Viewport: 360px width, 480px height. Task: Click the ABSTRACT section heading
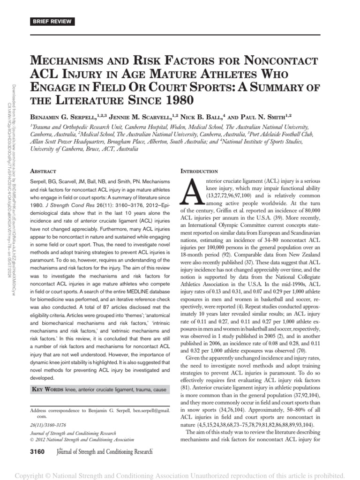tap(45, 172)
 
